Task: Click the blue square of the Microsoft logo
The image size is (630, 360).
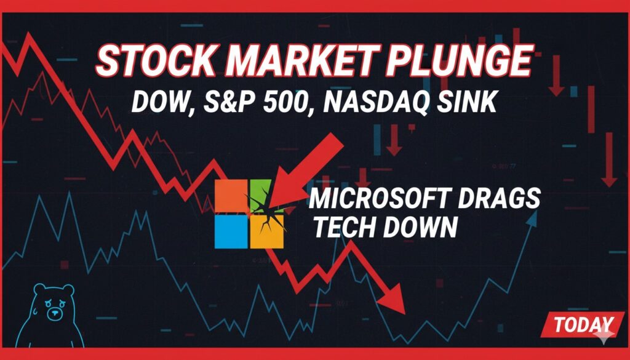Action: [231, 233]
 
